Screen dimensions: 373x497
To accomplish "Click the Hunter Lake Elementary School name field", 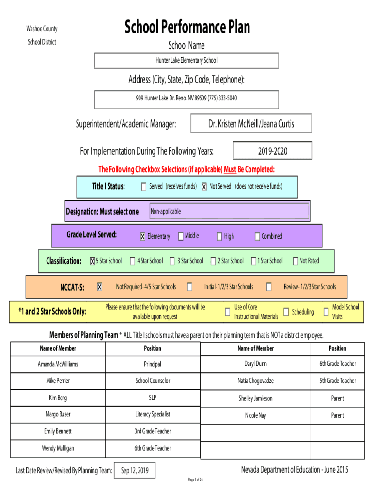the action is point(186,61).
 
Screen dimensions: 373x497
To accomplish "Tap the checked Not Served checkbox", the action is point(204,187).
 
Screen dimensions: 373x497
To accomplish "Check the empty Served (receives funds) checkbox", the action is point(144,187).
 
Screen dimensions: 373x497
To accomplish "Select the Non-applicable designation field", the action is point(229,211).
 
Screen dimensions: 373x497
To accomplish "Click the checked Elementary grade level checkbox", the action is point(143,236).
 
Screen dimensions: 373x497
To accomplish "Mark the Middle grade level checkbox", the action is point(181,236).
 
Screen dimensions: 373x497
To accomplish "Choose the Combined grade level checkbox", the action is point(257,236).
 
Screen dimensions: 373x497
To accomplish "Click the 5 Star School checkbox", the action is point(93,261).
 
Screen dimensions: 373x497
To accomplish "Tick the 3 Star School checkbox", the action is point(172,261).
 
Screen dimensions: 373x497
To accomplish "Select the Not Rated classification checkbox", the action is point(295,261).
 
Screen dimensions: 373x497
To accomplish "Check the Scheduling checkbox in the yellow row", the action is point(286,312).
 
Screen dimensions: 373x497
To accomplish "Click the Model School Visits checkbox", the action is point(326,312).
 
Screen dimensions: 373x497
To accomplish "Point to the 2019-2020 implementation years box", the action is point(273,150).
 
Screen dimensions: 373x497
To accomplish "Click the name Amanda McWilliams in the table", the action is point(58,364).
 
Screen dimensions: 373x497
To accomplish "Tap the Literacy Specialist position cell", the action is point(153,414).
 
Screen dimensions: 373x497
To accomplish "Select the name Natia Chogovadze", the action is point(256,381).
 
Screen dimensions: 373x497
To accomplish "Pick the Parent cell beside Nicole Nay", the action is point(338,415).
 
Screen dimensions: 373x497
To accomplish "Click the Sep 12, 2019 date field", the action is point(135,470).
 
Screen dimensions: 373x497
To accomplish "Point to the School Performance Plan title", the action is point(187,27).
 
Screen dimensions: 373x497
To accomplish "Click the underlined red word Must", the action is point(230,169).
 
